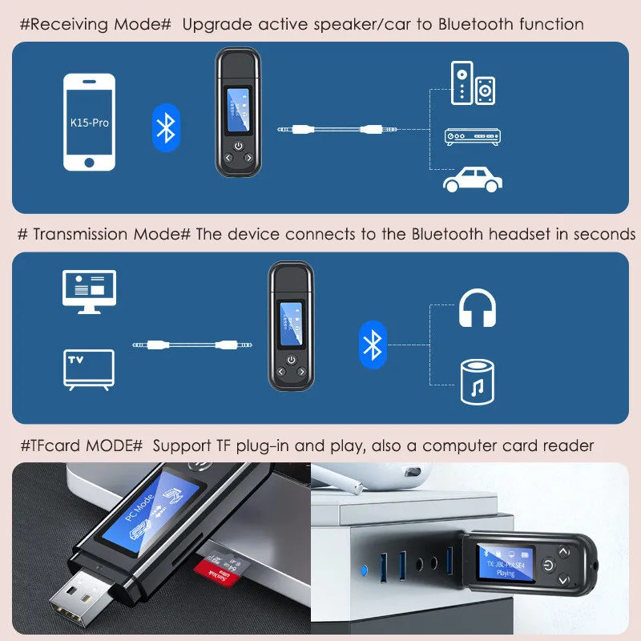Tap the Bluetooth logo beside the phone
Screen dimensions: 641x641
click(x=166, y=124)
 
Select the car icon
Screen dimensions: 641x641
click(x=472, y=180)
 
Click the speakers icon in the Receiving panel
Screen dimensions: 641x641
click(x=473, y=83)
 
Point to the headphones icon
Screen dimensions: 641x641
click(x=478, y=308)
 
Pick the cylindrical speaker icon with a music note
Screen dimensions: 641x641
click(x=478, y=380)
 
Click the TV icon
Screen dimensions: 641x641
click(x=87, y=369)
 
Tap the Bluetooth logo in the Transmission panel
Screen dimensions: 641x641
click(x=371, y=345)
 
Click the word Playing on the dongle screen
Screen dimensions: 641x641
click(x=506, y=574)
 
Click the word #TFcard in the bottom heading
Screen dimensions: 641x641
click(x=47, y=445)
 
